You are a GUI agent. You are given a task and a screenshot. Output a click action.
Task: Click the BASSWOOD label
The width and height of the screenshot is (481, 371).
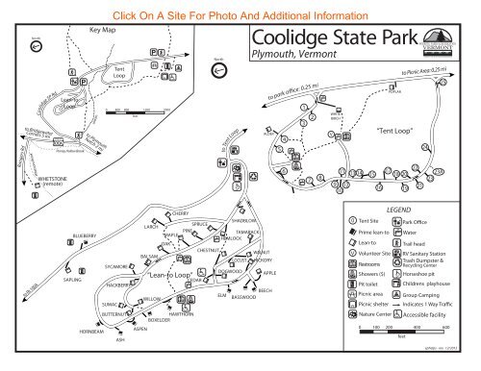(x=243, y=298)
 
